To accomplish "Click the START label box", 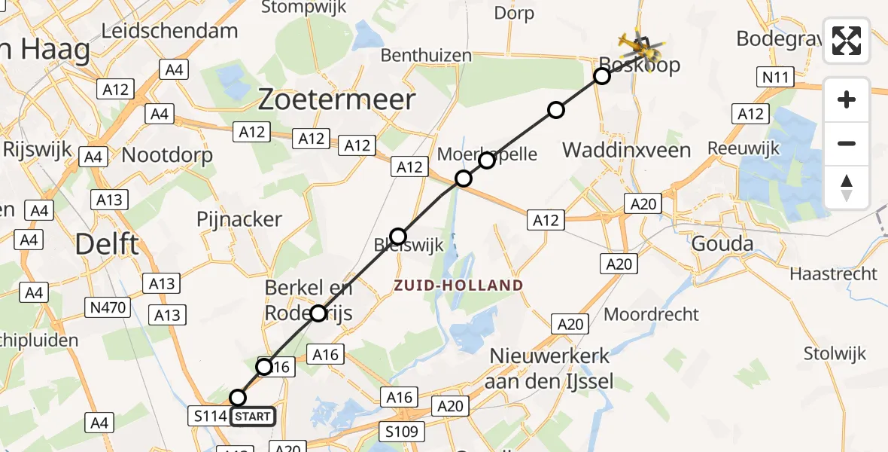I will (253, 416).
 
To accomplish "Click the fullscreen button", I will (847, 41).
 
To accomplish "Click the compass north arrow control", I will (847, 188).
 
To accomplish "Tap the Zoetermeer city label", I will (336, 99).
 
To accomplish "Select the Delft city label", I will (108, 244).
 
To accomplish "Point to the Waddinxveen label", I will (627, 150).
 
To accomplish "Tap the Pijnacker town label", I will (239, 219).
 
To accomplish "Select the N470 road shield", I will (108, 307).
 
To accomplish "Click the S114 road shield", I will (210, 416).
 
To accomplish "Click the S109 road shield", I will (403, 432).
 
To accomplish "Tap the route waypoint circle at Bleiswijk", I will (398, 236).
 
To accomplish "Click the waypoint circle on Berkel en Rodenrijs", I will (318, 313).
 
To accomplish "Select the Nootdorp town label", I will (167, 154).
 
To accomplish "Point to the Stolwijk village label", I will (835, 353).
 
